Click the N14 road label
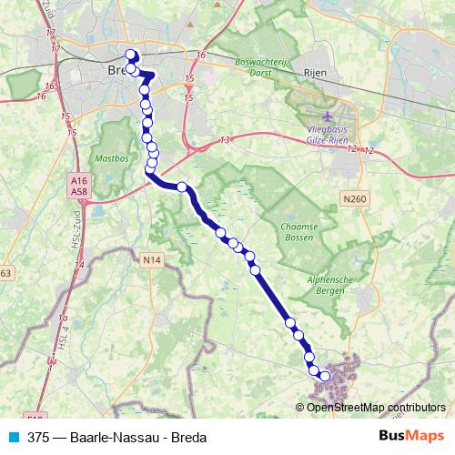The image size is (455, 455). click(152, 261)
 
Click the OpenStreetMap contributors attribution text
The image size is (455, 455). click(376, 407)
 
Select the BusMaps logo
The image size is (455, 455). click(411, 435)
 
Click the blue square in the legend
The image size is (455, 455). click(14, 436)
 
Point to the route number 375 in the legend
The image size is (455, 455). click(38, 436)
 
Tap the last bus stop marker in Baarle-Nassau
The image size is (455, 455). click(324, 375)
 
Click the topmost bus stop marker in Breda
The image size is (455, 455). click(130, 54)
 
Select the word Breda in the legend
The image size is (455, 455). click(187, 436)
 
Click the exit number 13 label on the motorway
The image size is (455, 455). click(225, 140)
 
